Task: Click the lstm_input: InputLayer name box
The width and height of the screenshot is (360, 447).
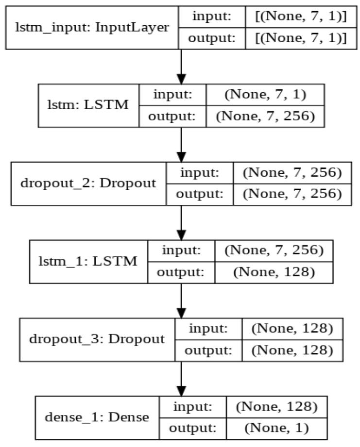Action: [92, 27]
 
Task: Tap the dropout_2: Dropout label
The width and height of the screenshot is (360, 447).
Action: [88, 183]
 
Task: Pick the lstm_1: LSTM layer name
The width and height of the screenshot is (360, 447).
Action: [88, 261]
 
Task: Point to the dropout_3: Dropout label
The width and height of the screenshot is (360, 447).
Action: [97, 339]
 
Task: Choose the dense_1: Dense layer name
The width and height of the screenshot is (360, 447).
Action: [97, 416]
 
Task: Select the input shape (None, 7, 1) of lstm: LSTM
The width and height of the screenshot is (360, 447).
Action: [265, 95]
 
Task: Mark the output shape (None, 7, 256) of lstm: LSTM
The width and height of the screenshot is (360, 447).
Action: [265, 116]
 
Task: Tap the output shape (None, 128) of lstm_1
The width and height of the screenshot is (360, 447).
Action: [274, 272]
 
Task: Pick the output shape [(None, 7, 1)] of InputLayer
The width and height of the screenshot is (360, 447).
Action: [301, 38]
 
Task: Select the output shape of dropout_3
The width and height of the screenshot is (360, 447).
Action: [292, 350]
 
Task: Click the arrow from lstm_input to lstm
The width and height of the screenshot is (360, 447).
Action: [181, 66]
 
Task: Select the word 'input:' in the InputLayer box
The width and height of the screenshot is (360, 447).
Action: [210, 16]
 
